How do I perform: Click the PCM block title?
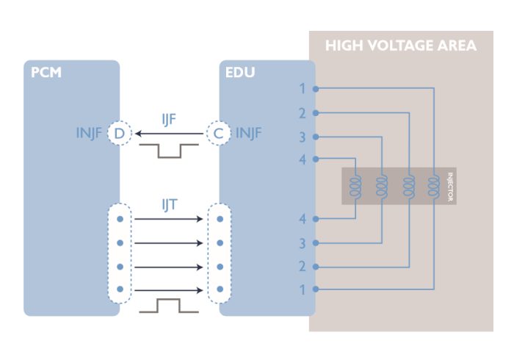(46, 72)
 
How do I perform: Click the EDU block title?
(240, 72)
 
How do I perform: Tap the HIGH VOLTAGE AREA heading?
(401, 46)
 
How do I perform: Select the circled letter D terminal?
(119, 134)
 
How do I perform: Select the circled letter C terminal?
(218, 134)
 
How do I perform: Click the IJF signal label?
(169, 120)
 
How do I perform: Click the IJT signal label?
(170, 205)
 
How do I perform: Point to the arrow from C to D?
(169, 134)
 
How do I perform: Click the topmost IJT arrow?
(168, 219)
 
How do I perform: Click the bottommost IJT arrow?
(168, 290)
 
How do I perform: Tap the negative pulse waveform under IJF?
(169, 151)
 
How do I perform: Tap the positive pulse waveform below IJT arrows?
(169, 306)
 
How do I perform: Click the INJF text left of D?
(89, 133)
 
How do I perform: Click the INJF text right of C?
(249, 133)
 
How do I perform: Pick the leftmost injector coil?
(355, 186)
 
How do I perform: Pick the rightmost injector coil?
(433, 186)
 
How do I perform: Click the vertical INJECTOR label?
(450, 187)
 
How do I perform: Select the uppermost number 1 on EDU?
(303, 88)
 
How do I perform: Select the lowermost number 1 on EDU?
(303, 289)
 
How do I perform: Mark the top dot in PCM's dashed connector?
(120, 219)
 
